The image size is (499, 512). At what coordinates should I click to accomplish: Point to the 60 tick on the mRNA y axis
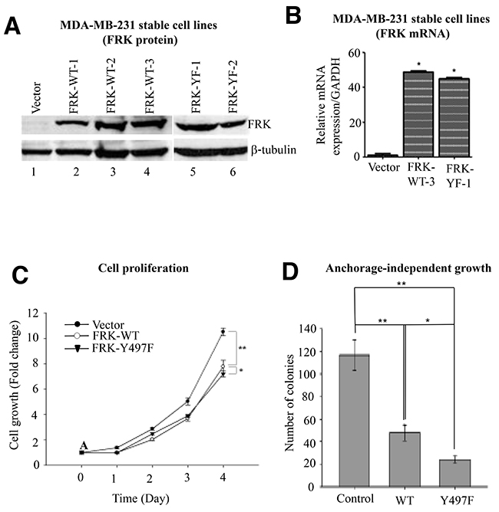[x=355, y=53]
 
